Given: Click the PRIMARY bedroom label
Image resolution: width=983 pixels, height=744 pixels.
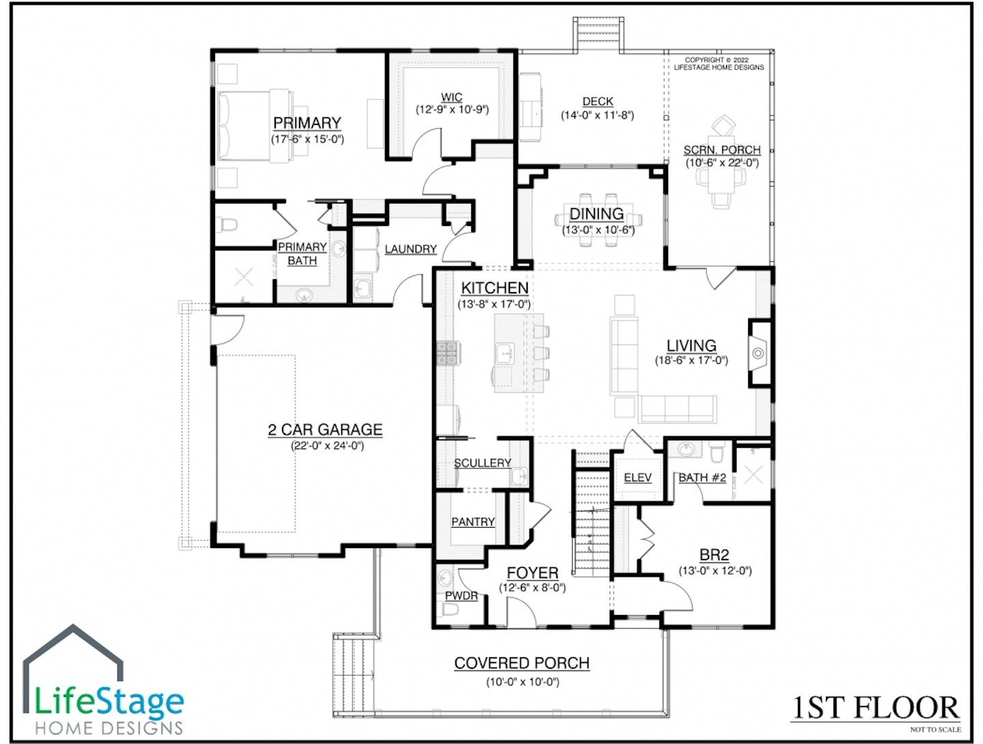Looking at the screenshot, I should (307, 123).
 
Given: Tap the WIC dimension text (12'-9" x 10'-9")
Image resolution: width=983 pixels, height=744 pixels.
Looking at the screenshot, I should (452, 109).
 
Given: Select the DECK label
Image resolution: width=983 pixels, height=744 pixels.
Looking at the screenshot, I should (597, 102).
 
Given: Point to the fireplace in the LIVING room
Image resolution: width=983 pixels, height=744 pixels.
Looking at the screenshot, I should (758, 354).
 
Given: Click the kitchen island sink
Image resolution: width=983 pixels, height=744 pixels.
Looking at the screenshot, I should (505, 354).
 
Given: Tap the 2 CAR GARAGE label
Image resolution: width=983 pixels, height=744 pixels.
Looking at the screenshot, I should (325, 429).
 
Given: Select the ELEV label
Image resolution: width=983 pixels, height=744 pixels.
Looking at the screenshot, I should (638, 477).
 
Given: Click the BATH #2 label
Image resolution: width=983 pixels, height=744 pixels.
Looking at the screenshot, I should (702, 477).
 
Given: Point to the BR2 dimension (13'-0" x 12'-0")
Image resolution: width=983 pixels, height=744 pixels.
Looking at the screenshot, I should (715, 571).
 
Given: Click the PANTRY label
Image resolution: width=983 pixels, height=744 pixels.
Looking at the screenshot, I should (473, 521).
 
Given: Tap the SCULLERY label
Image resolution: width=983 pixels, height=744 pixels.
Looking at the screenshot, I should (482, 463).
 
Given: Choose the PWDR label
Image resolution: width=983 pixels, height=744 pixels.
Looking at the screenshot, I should (461, 596).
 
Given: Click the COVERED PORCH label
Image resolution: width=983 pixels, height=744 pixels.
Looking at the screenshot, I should (522, 663).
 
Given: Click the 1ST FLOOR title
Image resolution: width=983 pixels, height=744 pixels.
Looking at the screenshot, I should (876, 708).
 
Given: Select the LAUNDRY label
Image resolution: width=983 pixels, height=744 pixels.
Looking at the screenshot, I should (410, 249).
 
